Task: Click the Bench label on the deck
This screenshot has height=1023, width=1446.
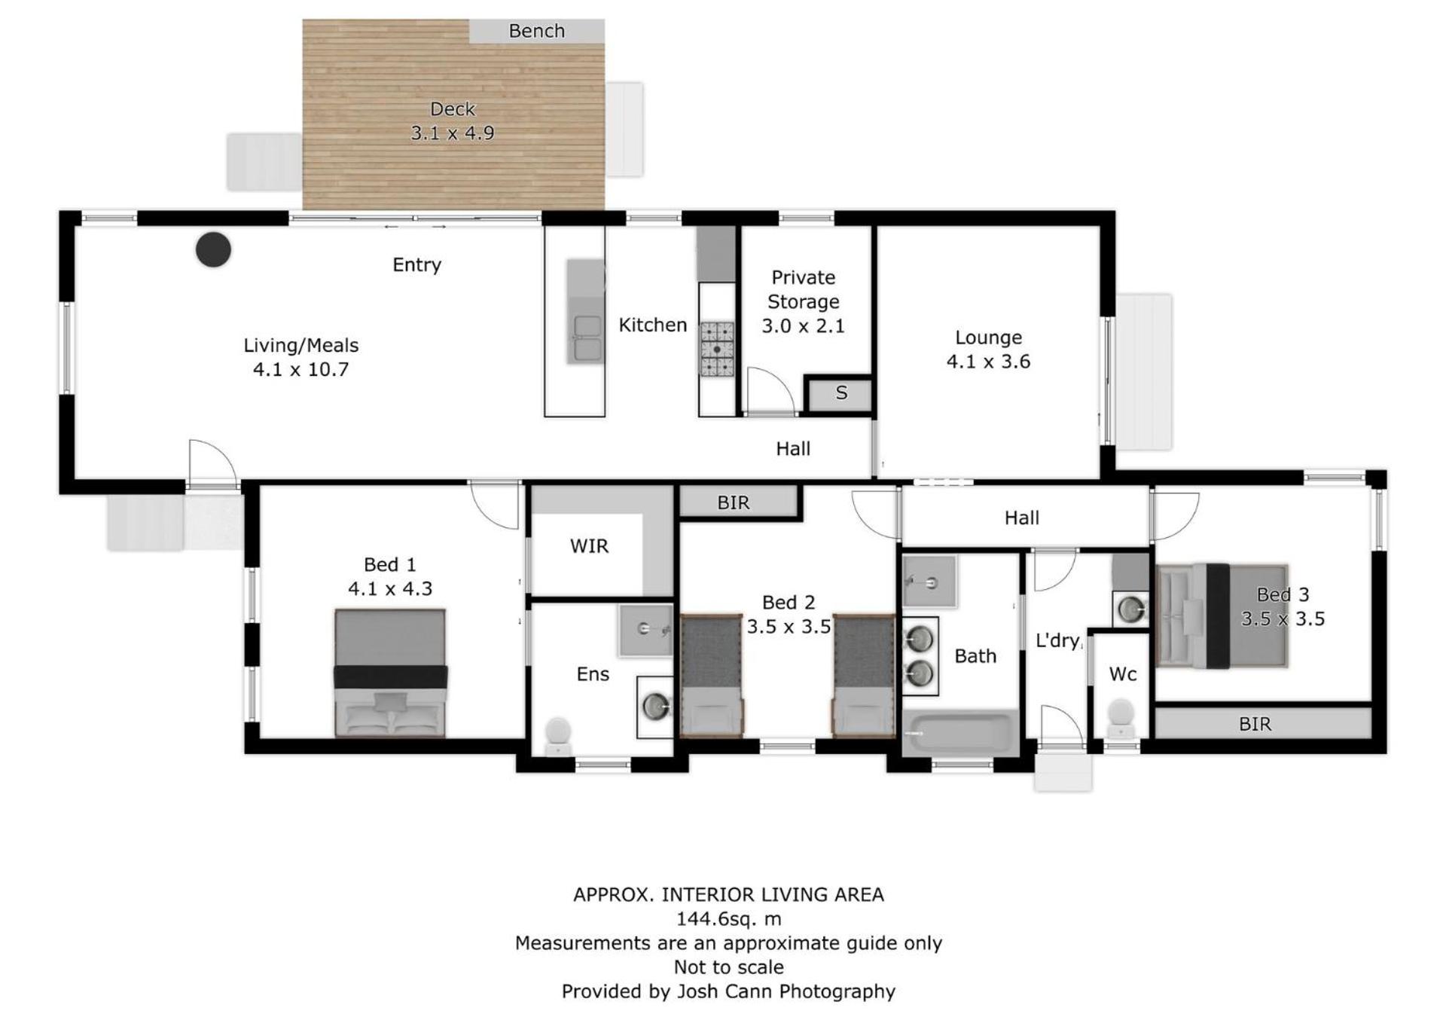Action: pos(536,31)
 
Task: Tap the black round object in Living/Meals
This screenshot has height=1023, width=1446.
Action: pos(213,249)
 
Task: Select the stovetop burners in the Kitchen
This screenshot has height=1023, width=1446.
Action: pos(717,349)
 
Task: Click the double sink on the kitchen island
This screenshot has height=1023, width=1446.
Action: pos(587,337)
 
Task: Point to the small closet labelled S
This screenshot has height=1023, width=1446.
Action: pos(841,392)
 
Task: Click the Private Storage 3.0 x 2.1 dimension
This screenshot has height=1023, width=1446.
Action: pos(803,326)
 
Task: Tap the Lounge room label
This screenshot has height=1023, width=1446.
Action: pos(988,337)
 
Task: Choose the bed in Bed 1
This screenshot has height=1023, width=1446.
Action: pos(390,673)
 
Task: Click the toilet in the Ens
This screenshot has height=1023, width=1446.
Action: pos(558,736)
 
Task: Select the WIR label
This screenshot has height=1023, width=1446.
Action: pos(589,546)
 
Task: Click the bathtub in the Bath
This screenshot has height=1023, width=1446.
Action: pos(960,732)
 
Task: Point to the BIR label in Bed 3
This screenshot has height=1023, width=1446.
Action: pos(1255,724)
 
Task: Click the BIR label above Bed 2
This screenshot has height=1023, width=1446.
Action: pos(734,502)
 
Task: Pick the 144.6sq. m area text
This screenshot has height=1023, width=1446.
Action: pos(728,919)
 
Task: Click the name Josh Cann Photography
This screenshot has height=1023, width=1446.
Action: pos(786,991)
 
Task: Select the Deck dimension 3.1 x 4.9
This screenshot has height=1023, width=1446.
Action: pos(453,133)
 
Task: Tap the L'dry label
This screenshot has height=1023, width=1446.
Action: pos(1057,640)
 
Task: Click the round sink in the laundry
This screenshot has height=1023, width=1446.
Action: pos(1130,609)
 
